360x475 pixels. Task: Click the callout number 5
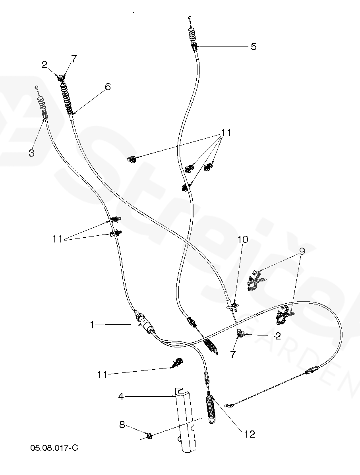(253, 47)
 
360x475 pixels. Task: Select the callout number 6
(108, 87)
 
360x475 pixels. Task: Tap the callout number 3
(32, 152)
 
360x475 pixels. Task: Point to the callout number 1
(92, 325)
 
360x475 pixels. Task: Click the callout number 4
(121, 396)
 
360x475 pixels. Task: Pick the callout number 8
(122, 425)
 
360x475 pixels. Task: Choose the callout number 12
(250, 434)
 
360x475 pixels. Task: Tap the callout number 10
(243, 239)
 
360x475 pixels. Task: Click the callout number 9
(302, 251)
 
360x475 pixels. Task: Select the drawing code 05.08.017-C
(54, 448)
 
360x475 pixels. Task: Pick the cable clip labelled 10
(234, 306)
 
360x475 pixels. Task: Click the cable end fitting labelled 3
(45, 115)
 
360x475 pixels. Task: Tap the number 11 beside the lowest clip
(103, 374)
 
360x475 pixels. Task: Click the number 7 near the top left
(74, 59)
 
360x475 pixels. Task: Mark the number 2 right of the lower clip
(278, 336)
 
